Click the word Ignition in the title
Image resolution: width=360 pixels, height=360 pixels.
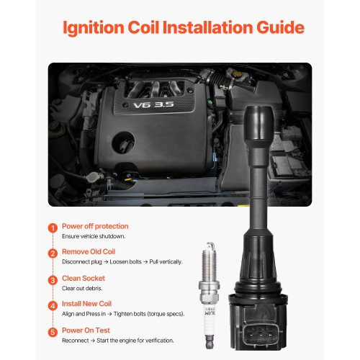pos(94,28)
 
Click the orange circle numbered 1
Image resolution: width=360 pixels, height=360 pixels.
pos(53,228)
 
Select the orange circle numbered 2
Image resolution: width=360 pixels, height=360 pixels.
pos(53,253)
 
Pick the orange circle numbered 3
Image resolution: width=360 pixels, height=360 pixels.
pos(53,280)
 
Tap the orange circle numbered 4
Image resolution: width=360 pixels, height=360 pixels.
pos(53,306)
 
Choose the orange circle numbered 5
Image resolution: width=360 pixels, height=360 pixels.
pos(53,332)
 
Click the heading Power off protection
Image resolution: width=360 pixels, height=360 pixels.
pos(95,226)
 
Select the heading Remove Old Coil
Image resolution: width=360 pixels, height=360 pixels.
pos(89,251)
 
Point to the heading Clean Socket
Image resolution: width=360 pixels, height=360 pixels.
pos(84,278)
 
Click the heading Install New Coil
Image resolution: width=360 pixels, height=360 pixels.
pos(86,304)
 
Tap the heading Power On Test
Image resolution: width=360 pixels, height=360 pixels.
pos(86,330)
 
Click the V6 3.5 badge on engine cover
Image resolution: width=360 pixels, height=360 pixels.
pos(153,105)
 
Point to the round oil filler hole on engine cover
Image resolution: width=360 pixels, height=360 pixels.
pos(123,143)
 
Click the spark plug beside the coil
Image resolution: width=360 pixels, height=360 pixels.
pos(210,295)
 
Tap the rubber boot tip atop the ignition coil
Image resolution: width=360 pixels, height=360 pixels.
pos(259,124)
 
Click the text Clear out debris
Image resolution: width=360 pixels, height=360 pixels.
pos(82,288)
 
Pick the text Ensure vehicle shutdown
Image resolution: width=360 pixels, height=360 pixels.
pos(94,236)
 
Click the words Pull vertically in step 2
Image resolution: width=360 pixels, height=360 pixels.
pos(166,261)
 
